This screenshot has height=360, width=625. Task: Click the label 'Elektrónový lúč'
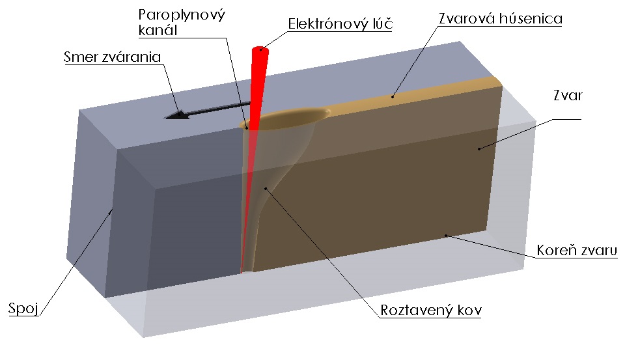[x=341, y=25]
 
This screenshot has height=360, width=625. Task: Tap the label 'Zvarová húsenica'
[x=499, y=20]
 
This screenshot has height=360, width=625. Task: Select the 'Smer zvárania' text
[x=112, y=57]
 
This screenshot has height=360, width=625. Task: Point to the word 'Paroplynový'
[x=182, y=14]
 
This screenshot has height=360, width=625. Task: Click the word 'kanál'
[x=158, y=31]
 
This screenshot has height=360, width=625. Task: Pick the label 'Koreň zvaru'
[x=576, y=251]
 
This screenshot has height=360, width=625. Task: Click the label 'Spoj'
[x=21, y=307]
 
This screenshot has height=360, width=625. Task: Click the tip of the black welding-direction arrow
[x=167, y=118]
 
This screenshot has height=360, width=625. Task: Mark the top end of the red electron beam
[x=261, y=48]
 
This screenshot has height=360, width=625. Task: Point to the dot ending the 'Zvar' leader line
[x=479, y=149]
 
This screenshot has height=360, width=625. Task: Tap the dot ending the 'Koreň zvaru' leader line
[x=445, y=235]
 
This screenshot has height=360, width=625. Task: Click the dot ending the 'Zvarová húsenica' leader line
[x=393, y=96]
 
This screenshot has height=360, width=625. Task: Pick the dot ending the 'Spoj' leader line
[x=111, y=210]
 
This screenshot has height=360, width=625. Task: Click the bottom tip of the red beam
[x=242, y=270]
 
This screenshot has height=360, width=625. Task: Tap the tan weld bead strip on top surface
[x=423, y=92]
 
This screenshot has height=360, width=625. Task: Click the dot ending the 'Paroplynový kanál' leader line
[x=247, y=128]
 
